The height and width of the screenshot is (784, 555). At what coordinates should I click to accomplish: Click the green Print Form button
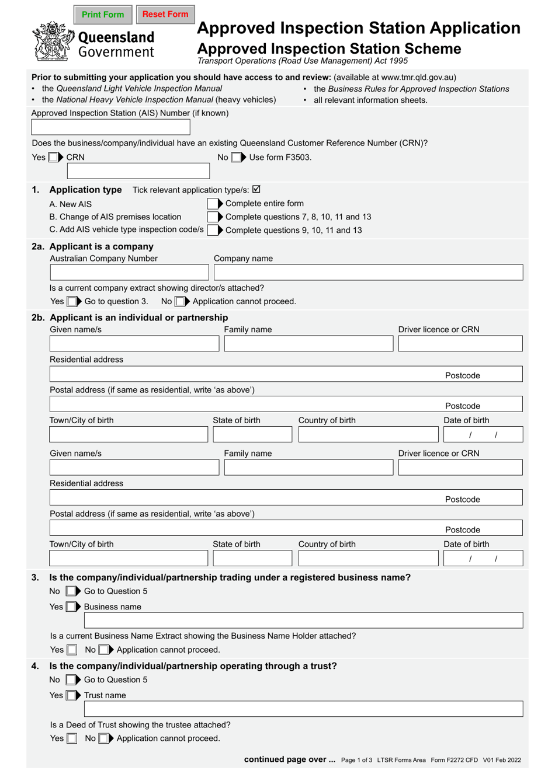(103, 15)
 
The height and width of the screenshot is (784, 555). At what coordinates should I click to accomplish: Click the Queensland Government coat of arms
(53, 41)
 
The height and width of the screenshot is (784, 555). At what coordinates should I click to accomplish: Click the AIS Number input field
(110, 127)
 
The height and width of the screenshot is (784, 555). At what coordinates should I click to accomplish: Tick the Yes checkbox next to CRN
(53, 157)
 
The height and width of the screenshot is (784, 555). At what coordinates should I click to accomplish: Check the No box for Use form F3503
(236, 157)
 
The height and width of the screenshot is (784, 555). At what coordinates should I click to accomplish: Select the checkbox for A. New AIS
(213, 204)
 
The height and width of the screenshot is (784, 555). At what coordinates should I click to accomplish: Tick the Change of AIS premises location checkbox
(213, 217)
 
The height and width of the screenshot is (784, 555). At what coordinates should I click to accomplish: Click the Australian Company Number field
(129, 273)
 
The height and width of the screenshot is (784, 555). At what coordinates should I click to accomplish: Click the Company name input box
(368, 273)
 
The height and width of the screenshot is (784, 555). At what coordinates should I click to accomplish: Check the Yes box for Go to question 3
(72, 301)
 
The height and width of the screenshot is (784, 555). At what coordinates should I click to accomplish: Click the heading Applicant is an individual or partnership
(139, 318)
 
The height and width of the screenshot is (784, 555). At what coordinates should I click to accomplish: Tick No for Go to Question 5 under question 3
(71, 591)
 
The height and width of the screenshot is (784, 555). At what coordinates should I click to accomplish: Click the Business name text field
(303, 621)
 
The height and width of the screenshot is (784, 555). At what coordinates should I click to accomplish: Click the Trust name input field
(303, 709)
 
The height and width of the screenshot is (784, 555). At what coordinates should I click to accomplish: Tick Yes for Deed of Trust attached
(72, 738)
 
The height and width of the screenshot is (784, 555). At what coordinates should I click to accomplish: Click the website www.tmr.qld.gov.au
(417, 77)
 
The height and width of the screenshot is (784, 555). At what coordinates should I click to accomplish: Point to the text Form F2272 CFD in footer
(454, 760)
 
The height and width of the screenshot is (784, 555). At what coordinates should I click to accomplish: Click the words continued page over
(289, 759)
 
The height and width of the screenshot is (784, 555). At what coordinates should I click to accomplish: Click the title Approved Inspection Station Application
(358, 28)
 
